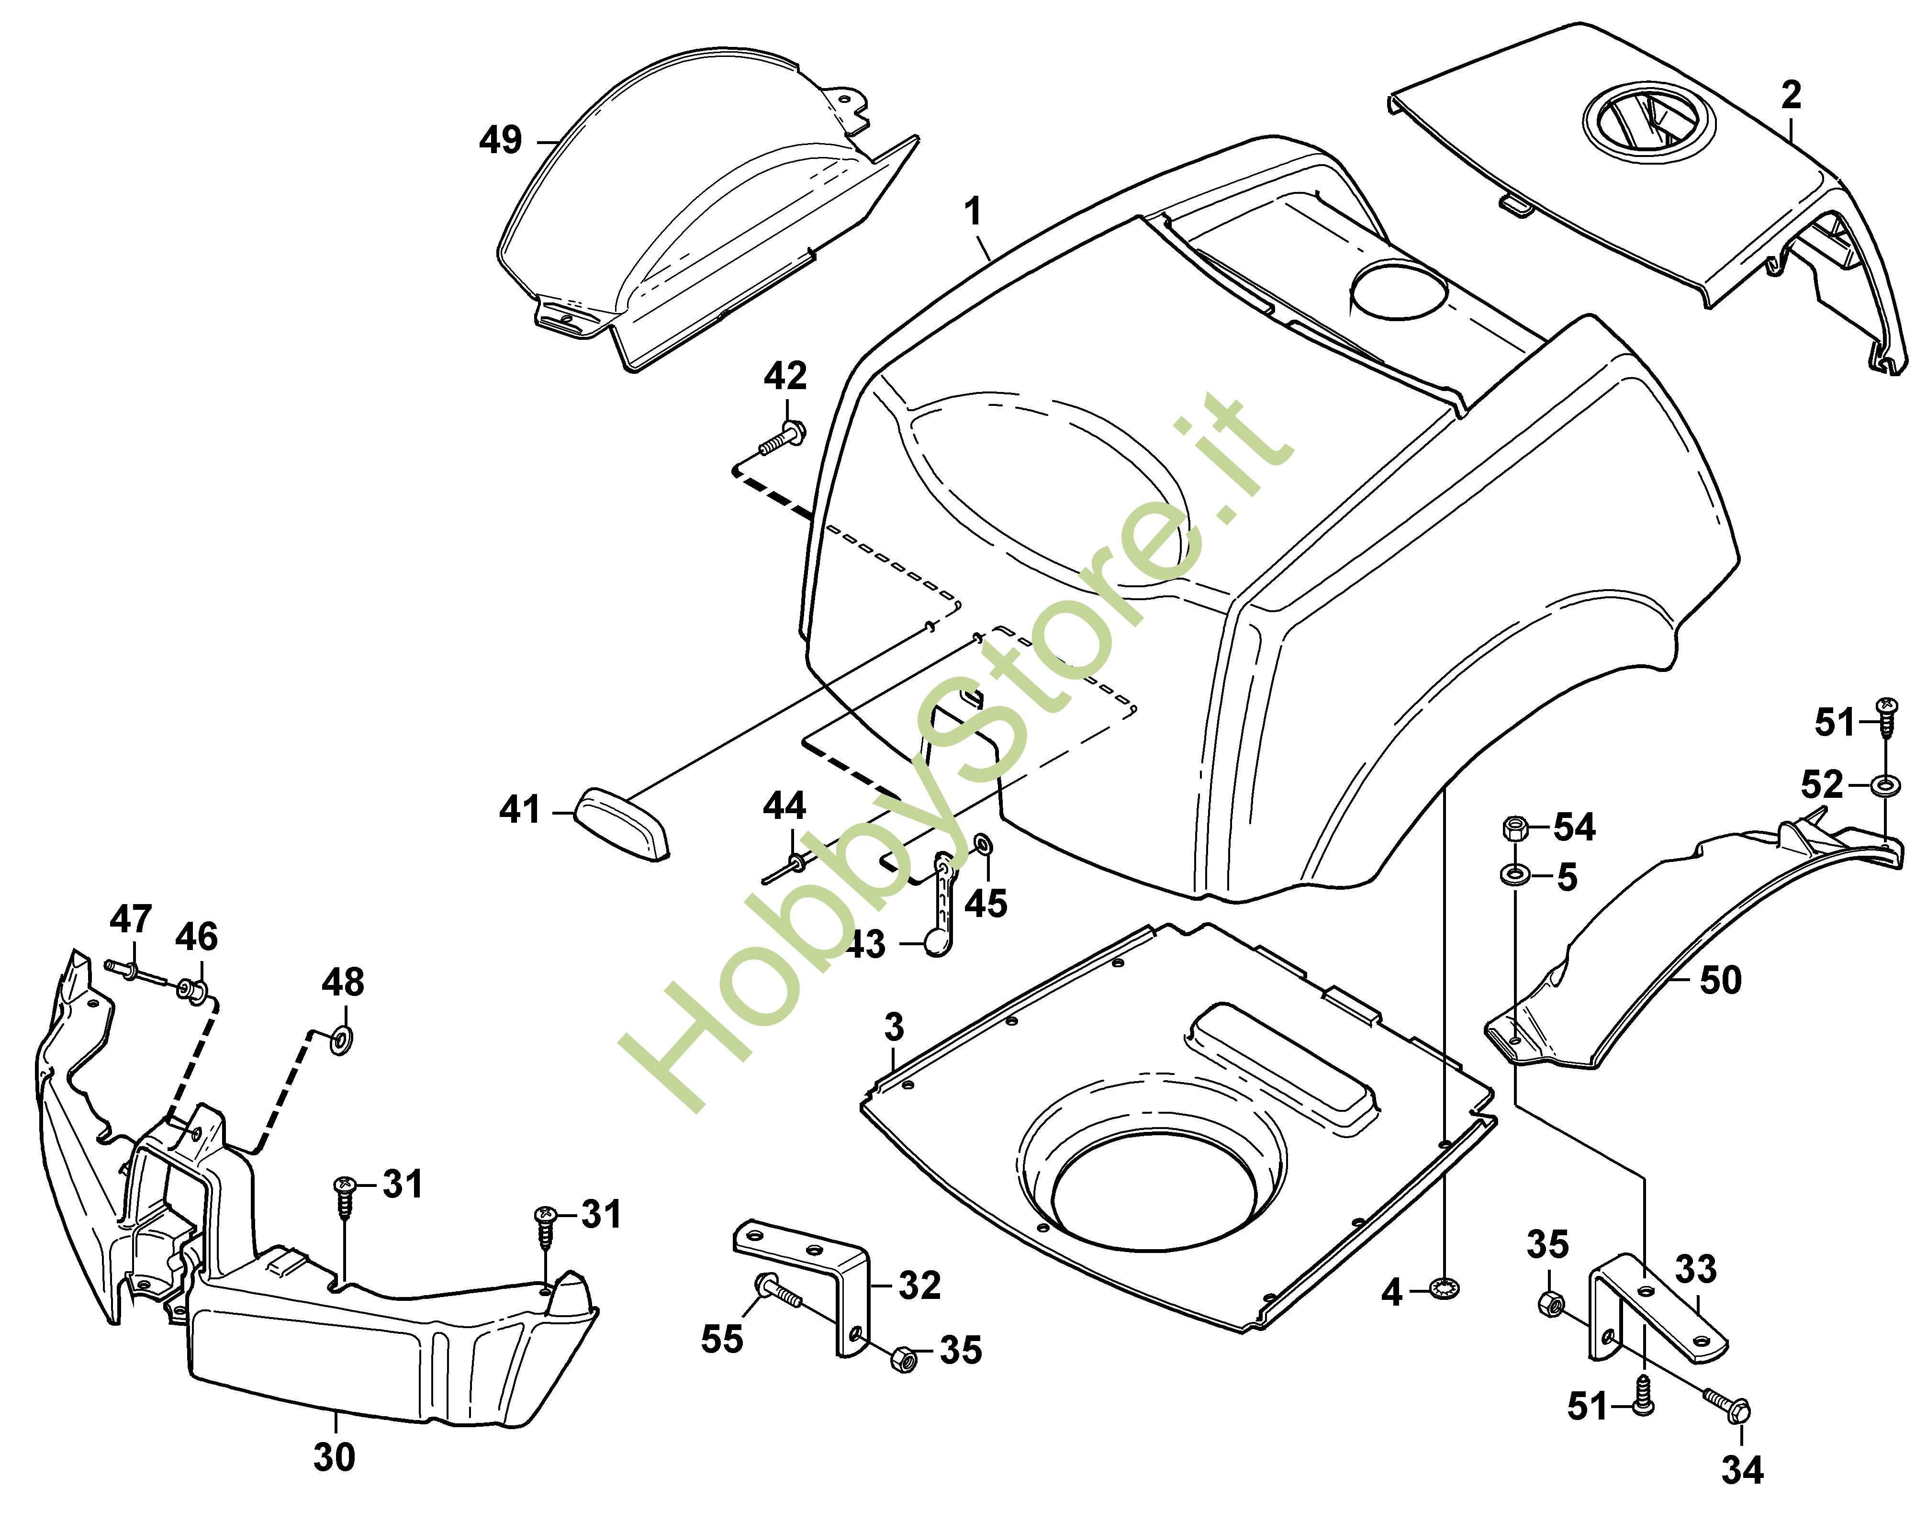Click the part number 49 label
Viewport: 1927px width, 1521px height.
click(501, 140)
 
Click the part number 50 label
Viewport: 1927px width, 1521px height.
click(1720, 981)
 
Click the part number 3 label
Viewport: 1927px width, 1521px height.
click(894, 1027)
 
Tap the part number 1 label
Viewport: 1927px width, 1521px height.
click(973, 212)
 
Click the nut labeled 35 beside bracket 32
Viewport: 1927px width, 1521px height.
click(902, 1359)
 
